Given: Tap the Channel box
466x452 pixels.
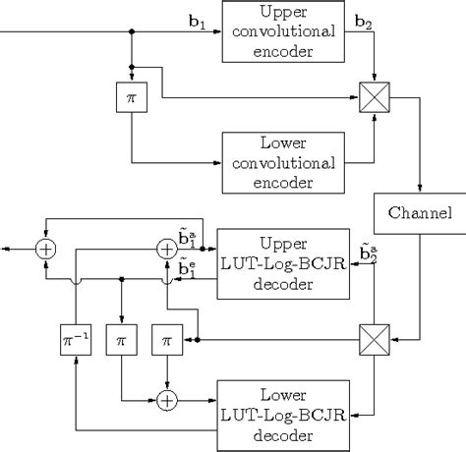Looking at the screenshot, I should pos(421,213).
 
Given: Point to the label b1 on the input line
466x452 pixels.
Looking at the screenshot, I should pos(197,19).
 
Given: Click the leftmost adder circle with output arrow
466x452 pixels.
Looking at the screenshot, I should pos(45,249).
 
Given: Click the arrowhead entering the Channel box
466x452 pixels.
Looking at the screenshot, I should pos(421,191).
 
